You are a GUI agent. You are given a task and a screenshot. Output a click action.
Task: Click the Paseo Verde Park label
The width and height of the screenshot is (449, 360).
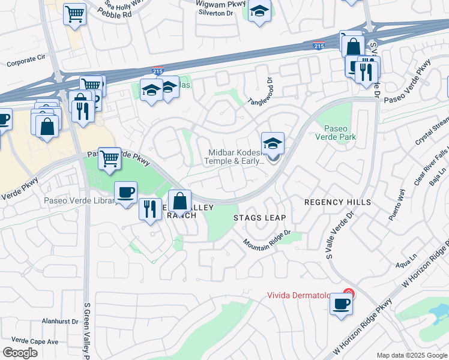tap(340, 133)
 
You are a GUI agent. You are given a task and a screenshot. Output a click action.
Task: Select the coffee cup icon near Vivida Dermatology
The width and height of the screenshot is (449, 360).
tap(342, 304)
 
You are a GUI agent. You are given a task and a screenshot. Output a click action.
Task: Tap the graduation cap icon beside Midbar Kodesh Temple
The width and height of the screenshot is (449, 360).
tap(273, 144)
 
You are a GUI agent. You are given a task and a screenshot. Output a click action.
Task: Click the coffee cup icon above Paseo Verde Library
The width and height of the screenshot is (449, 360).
tap(125, 192)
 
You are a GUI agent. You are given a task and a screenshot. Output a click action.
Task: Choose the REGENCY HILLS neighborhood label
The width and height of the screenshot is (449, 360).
tap(337, 202)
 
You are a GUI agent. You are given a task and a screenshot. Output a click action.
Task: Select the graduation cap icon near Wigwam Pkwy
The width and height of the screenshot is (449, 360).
tap(259, 12)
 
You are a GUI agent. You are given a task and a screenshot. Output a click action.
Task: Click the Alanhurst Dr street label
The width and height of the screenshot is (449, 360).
tap(58, 321)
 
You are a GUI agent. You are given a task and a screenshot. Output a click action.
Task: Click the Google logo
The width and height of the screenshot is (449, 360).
tap(20, 353)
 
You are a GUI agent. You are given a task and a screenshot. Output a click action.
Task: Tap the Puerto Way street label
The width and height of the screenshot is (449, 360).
tap(397, 205)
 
